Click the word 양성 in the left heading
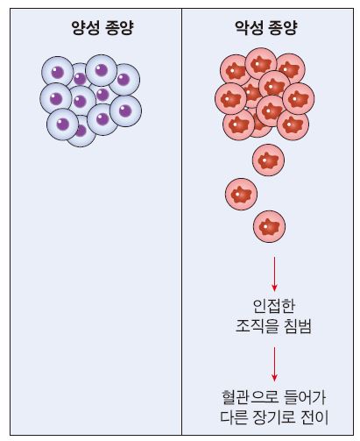coord(85,28)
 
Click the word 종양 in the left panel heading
coord(119,28)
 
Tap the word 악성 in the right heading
coord(249,28)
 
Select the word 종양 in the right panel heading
coord(283,28)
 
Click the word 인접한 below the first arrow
coord(273,306)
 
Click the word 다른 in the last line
coord(234,418)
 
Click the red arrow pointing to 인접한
coord(274,274)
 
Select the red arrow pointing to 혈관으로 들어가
coord(274,364)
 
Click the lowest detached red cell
coord(269,226)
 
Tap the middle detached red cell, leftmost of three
coord(241,194)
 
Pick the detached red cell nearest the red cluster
coord(268,160)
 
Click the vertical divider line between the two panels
coord(181,222)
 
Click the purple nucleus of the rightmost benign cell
coord(125,110)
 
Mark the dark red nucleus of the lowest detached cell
coord(269,226)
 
